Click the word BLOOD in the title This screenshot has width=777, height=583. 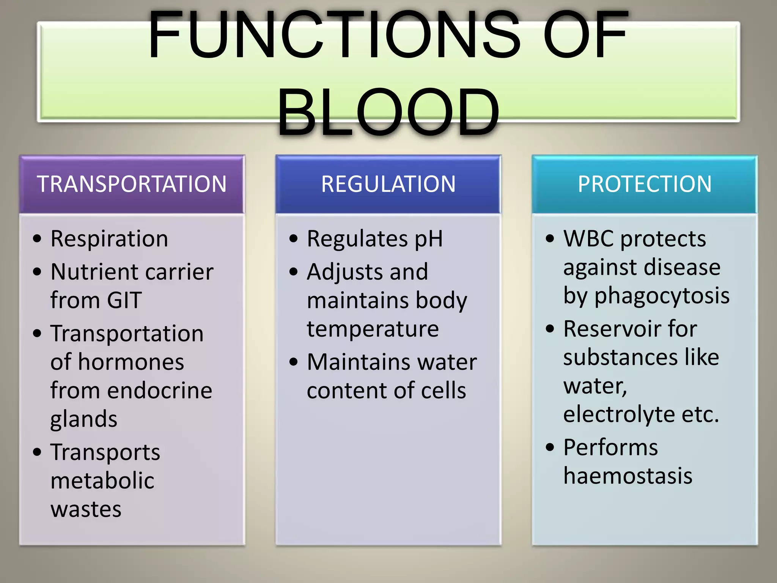pos(388,112)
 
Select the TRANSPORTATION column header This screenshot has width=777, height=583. pos(132,184)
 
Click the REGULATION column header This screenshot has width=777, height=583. pos(388,184)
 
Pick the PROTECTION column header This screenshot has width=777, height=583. pos(645,184)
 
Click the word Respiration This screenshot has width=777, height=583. pos(109,239)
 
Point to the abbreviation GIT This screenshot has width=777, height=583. pos(124,300)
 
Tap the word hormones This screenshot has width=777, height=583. pos(131,362)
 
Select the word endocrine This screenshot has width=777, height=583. pos(159,391)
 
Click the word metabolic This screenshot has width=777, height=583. pos(102,481)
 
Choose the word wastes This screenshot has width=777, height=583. pos(86,509)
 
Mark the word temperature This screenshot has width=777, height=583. pos(373,329)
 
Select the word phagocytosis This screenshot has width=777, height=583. pos(662,296)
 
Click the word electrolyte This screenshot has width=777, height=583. pos(619,414)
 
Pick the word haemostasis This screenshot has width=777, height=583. pos(628,476)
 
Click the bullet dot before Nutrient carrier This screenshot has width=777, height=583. pos(37,272)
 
